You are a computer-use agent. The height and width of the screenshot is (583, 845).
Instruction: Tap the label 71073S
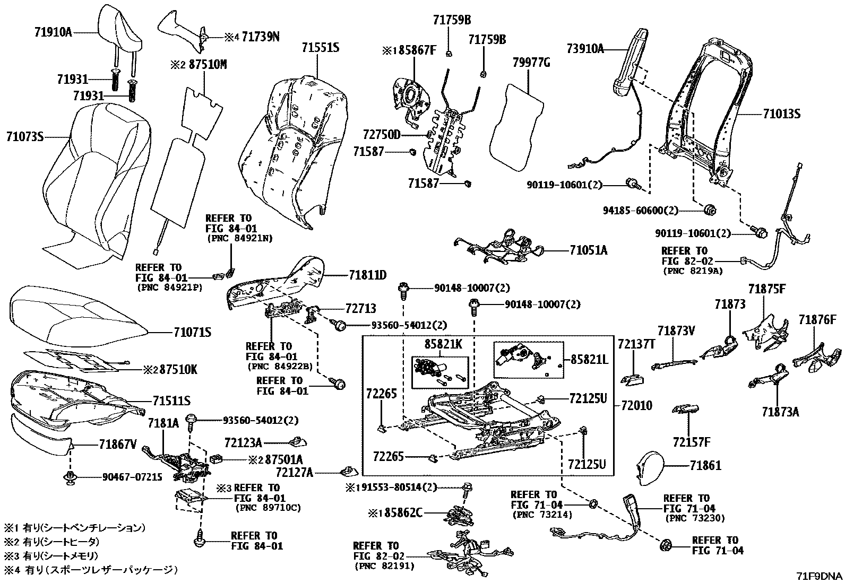point(24,137)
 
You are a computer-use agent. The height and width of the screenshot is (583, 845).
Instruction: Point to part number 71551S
point(321,48)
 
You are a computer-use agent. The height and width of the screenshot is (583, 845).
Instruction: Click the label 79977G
point(531,63)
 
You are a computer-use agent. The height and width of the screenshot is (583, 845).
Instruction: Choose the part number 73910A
point(585,48)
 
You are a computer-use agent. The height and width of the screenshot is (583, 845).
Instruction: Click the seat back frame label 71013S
point(782,114)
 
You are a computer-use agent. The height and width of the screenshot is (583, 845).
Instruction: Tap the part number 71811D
point(367,275)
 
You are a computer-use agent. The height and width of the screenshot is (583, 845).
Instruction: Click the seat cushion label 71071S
point(192,333)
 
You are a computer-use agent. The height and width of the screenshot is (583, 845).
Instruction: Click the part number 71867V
point(117,444)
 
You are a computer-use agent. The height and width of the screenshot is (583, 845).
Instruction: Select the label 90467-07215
point(132,476)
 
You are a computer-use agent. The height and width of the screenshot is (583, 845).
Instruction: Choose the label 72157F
point(691,441)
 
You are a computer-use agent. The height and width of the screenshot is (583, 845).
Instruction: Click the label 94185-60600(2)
point(641,211)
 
